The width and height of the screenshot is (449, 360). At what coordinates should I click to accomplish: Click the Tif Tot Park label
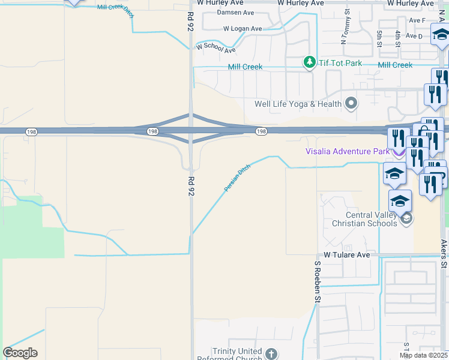coord(340,62)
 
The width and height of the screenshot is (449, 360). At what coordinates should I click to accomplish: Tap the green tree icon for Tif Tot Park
coord(309,62)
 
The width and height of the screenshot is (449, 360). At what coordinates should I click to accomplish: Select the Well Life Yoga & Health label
coord(298,104)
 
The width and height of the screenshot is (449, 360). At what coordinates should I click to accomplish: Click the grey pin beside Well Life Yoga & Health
coord(352,104)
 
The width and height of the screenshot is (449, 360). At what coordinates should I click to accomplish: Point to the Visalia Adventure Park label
coord(347,152)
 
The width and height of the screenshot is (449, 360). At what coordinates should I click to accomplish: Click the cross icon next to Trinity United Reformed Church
coord(271,354)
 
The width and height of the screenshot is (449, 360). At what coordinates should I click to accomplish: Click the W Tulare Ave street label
coord(348,255)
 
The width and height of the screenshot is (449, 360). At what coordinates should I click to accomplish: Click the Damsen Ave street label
coord(235,12)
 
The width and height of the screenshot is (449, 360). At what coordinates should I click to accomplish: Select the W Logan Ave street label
coord(243,28)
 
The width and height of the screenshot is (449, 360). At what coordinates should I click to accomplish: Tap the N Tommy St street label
coord(345,30)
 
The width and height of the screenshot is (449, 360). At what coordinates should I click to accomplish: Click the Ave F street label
coord(417,20)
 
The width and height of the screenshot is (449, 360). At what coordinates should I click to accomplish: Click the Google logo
coord(20,353)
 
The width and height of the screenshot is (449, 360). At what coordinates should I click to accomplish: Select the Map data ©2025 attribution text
coord(423,355)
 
